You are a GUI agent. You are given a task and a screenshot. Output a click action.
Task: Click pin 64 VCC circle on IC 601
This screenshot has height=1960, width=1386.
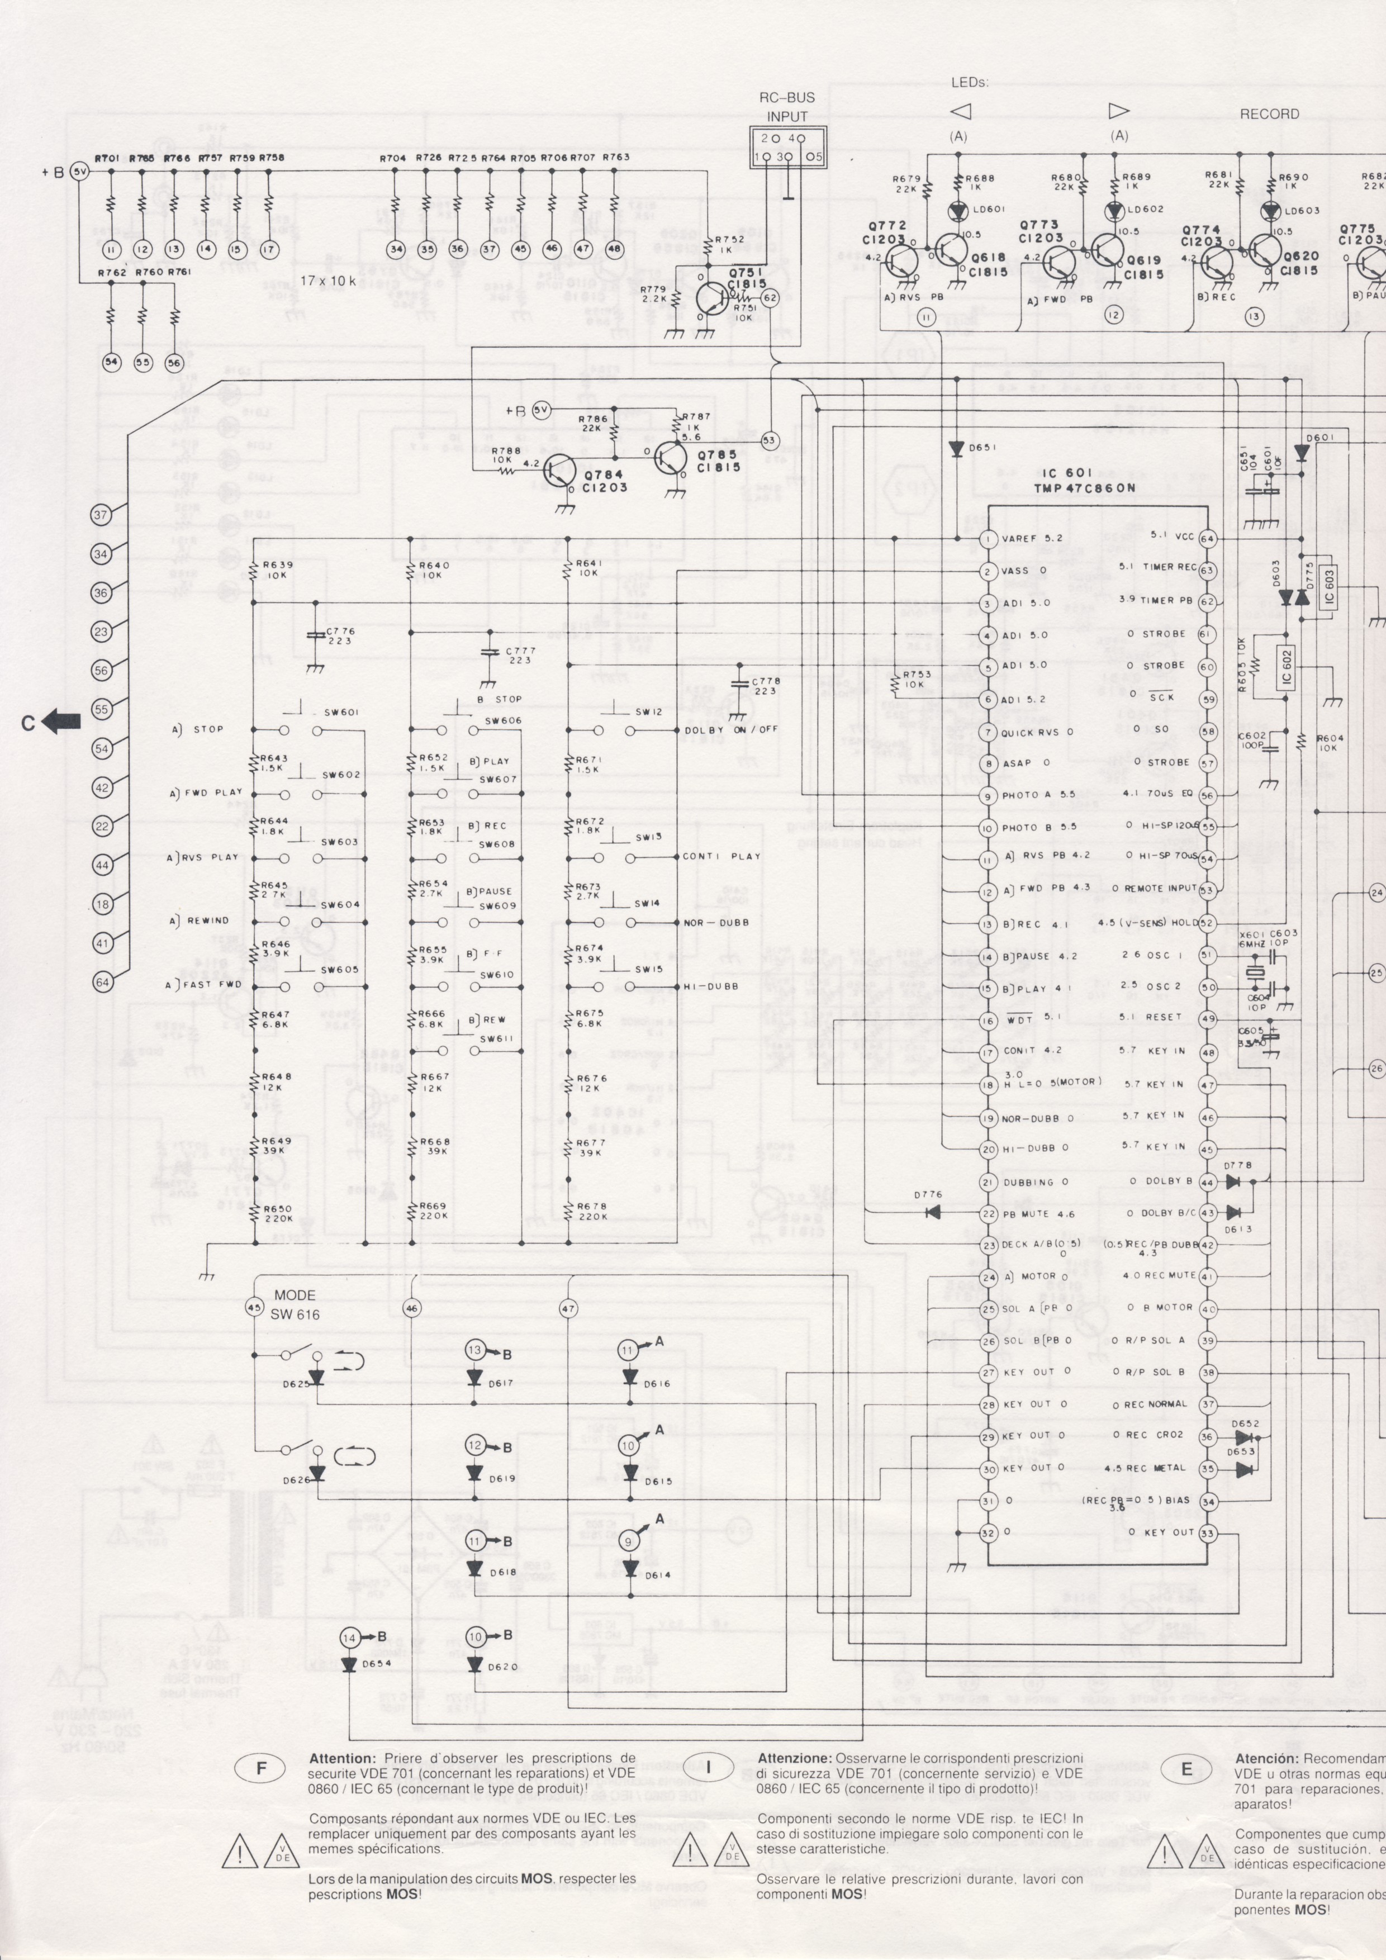pos(1208,539)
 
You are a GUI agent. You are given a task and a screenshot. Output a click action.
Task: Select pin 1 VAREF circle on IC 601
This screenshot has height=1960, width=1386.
pos(988,539)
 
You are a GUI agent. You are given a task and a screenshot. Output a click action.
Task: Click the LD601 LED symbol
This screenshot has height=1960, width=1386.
pos(957,208)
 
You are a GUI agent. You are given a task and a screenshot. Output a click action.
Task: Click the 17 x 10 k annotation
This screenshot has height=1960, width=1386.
pos(327,280)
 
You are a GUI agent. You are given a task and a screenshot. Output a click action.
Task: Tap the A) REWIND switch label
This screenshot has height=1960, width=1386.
pos(197,920)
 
